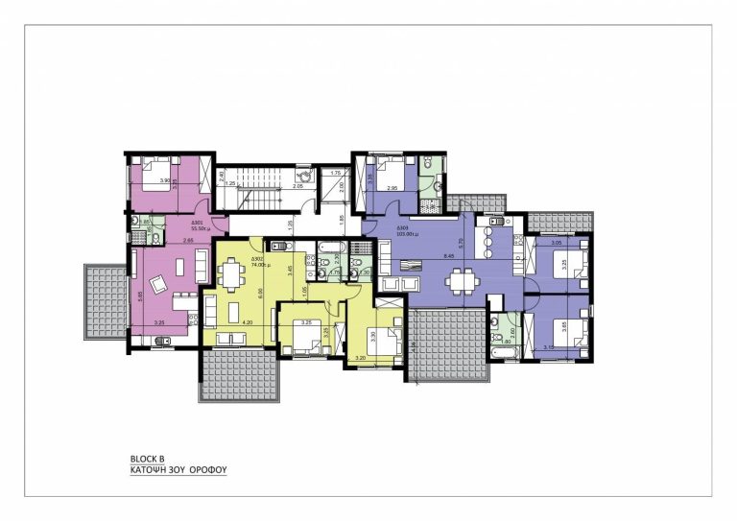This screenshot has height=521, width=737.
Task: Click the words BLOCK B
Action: pos(147,459)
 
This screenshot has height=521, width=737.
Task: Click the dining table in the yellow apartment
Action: pos(233,276)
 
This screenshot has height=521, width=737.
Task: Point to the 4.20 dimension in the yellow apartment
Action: pos(247,322)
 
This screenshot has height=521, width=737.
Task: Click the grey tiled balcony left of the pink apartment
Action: pos(106,300)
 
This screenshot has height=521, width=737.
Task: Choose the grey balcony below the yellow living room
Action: pos(239,376)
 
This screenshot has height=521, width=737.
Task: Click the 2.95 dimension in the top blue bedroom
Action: pos(392,189)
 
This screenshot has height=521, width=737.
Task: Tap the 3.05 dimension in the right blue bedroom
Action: pos(556,244)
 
